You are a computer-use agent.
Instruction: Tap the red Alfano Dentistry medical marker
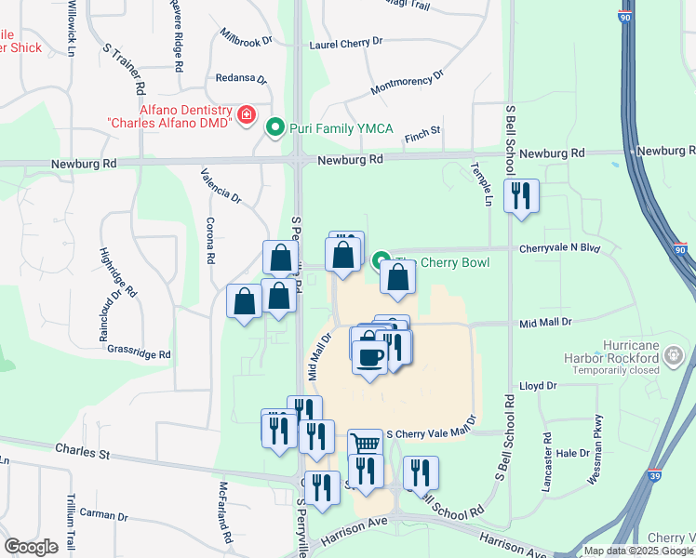pos(247,115)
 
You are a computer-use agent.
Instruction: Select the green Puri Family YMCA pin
pos(275,127)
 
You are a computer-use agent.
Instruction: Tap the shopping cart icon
pos(365,445)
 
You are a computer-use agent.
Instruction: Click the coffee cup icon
pos(369,356)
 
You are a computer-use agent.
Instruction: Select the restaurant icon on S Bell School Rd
pos(521,195)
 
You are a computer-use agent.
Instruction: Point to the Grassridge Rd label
pos(139,354)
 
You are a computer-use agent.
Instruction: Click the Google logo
pos(31,546)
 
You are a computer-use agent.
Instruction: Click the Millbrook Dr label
pos(246,42)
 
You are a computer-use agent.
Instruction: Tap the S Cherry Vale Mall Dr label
pos(430,433)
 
